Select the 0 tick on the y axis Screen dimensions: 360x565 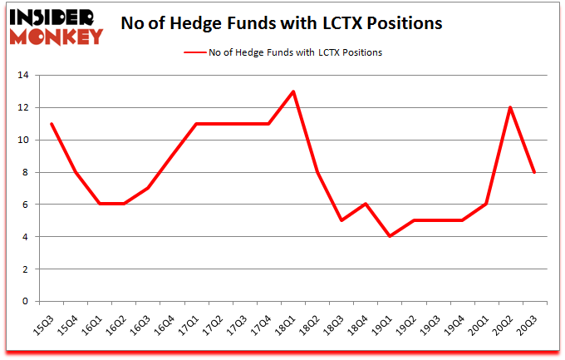27,302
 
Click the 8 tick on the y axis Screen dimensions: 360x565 27,173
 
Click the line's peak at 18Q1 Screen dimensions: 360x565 293,91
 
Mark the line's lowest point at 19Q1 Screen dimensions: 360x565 390,237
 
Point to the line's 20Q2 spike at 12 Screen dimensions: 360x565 510,107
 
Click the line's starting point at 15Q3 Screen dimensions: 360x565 52,124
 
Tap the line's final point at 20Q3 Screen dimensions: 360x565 534,172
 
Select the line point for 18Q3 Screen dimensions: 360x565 341,220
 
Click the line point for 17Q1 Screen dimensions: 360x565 197,124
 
